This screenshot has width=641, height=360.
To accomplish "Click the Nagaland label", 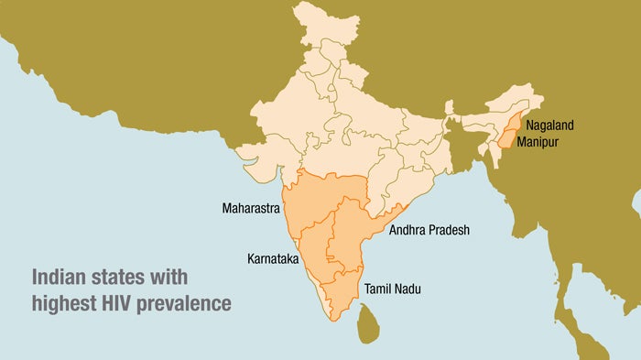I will (553, 125).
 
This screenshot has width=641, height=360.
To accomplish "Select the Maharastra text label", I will (251, 209).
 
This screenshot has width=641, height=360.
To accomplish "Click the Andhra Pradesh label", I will (429, 230).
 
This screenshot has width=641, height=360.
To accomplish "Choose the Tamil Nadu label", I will (395, 289).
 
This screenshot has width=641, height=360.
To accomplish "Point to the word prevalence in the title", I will (192, 301).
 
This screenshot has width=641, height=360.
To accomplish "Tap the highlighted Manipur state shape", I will (503, 143).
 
